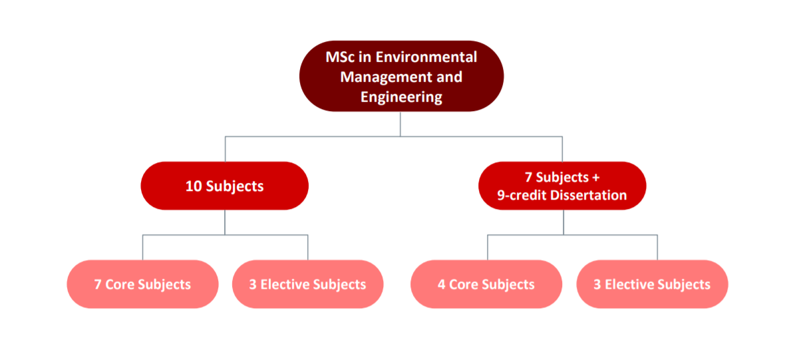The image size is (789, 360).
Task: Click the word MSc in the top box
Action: [339, 56]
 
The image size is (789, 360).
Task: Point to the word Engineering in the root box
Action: [401, 97]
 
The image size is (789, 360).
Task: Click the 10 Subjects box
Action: [224, 186]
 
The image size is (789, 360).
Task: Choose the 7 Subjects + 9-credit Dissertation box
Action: [562, 186]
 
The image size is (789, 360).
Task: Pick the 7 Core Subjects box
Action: [142, 284]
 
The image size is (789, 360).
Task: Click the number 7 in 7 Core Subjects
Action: [98, 284]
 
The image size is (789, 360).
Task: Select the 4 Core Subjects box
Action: [486, 284]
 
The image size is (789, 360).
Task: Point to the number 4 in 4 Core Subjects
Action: [441, 284]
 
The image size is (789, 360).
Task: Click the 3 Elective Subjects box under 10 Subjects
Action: [307, 284]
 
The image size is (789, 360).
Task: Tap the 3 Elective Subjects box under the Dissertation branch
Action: [652, 284]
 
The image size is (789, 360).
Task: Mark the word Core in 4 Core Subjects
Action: [464, 284]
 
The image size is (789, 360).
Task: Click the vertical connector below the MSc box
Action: [400, 124]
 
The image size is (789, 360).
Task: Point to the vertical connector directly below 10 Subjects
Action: [225, 222]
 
